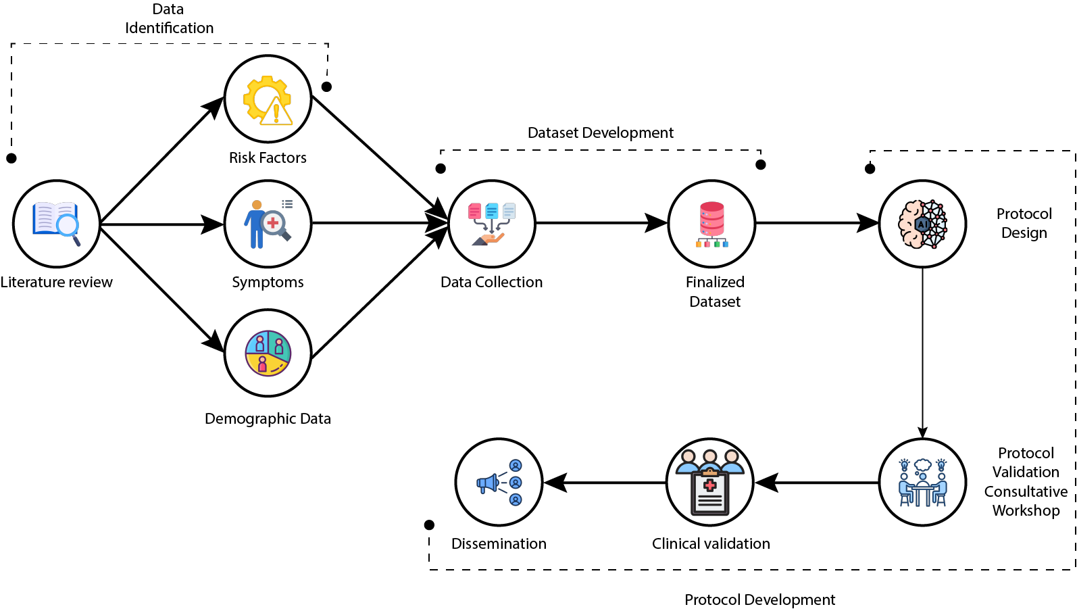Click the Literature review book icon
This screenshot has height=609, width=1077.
(57, 224)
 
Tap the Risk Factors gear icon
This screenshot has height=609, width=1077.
(268, 99)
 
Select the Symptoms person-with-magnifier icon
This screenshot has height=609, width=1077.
(268, 224)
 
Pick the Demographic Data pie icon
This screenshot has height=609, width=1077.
(268, 353)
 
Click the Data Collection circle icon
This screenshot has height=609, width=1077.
(492, 224)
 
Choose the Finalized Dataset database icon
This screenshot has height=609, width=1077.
(711, 224)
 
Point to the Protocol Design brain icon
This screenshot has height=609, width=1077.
(922, 224)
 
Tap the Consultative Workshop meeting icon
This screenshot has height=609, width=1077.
(922, 482)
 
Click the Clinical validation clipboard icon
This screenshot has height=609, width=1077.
(709, 482)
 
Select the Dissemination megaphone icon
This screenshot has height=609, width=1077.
(499, 482)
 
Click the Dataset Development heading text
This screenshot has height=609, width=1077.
(600, 132)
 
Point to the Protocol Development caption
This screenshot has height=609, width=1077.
(759, 600)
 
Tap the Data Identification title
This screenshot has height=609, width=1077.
(169, 18)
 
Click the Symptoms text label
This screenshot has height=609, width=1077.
(268, 282)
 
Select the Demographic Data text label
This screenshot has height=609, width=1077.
(268, 418)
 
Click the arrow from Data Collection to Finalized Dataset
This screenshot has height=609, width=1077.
(601, 222)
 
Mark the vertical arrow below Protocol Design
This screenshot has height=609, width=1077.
(922, 351)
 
